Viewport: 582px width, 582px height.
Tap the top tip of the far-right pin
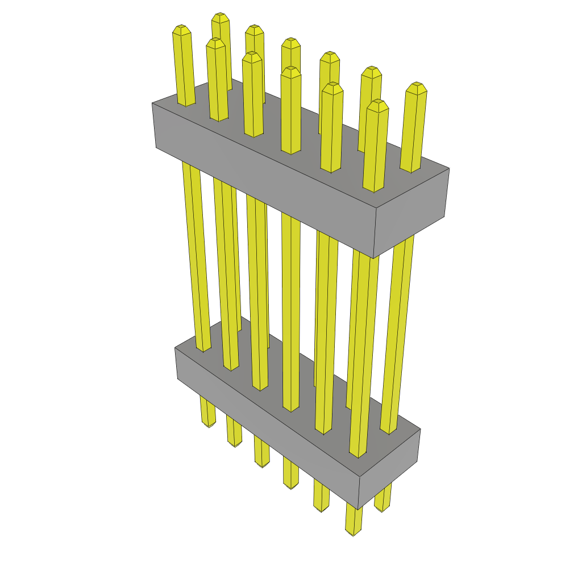point(417,86)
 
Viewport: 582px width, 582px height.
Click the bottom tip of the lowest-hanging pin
point(353,533)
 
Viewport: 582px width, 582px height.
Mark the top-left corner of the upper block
point(152,103)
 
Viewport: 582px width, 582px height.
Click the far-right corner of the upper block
point(449,168)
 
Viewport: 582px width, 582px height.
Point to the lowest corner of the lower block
point(358,509)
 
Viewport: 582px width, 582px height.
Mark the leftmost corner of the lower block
point(175,348)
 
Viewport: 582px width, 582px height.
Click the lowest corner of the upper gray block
point(373,258)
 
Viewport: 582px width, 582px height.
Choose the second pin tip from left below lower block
point(234,443)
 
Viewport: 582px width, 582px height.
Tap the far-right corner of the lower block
point(420,429)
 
